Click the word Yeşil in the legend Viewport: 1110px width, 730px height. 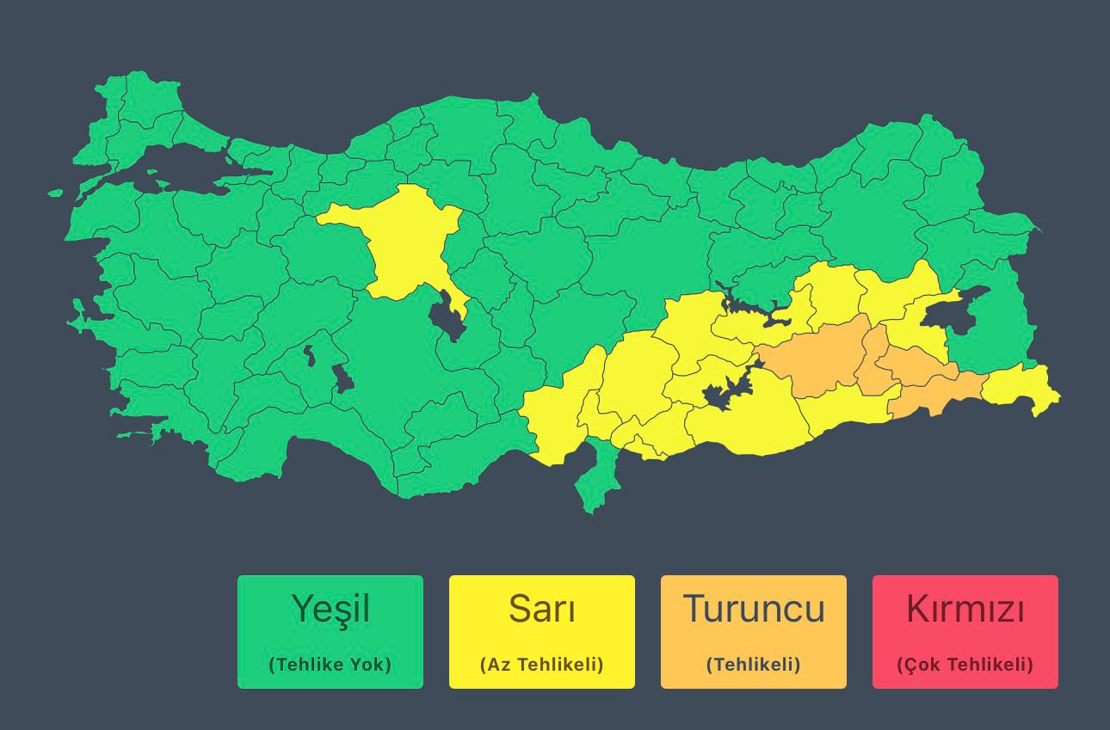pyautogui.click(x=330, y=609)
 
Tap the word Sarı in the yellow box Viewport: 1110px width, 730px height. pyautogui.click(x=541, y=609)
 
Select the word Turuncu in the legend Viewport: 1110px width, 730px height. pyautogui.click(x=754, y=609)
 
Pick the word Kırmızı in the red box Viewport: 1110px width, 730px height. pyautogui.click(x=965, y=609)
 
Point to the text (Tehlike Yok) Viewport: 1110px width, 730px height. pyautogui.click(x=330, y=665)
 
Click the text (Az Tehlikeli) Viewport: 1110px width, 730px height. pyautogui.click(x=541, y=665)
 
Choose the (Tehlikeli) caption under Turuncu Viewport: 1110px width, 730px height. pyautogui.click(x=754, y=665)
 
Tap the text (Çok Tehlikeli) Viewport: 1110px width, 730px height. pyautogui.click(x=965, y=665)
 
